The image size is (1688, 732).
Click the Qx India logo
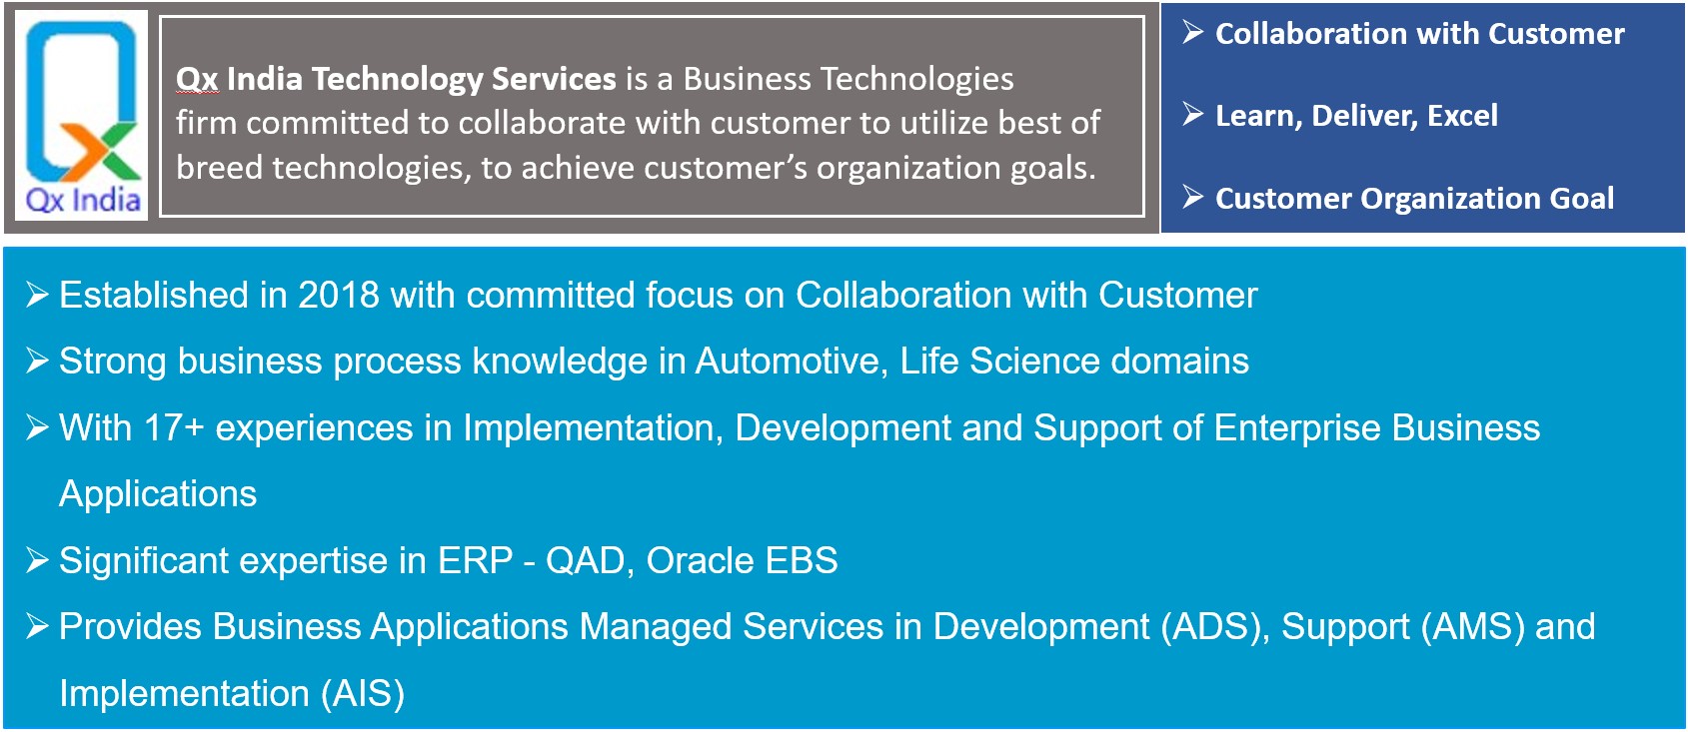82,115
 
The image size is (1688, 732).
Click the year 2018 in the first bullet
339,296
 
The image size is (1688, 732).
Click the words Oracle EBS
743,560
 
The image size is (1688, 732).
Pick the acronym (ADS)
1214,627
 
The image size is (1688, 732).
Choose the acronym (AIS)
363,694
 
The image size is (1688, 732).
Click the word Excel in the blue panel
1463,116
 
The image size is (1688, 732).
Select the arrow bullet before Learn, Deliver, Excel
1193,114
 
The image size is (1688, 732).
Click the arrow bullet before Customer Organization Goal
1193,196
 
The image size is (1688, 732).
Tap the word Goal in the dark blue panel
1581,199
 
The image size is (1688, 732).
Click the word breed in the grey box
219,167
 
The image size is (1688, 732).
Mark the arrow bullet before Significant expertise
37,559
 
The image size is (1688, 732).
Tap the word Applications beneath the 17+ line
158,494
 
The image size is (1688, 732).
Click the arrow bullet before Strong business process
37,360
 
